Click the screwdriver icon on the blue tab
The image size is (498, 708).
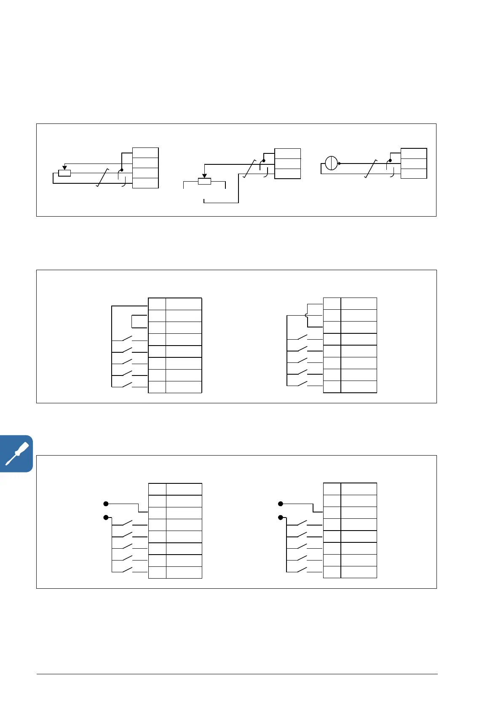click(x=16, y=453)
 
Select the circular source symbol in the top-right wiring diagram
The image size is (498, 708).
click(x=332, y=163)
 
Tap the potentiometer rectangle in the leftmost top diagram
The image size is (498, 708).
click(x=64, y=173)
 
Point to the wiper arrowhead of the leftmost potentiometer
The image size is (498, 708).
click(x=64, y=168)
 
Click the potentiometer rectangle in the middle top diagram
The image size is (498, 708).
click(x=204, y=181)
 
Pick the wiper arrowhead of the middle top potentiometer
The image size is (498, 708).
click(x=204, y=176)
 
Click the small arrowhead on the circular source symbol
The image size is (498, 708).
click(x=340, y=163)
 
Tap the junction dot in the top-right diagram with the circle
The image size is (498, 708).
click(x=390, y=161)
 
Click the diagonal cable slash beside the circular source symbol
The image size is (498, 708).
click(x=371, y=169)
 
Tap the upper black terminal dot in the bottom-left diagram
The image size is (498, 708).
click(x=106, y=504)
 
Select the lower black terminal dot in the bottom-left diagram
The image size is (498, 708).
click(x=106, y=518)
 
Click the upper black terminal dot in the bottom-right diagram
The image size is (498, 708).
click(x=281, y=504)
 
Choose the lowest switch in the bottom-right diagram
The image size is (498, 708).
click(x=302, y=571)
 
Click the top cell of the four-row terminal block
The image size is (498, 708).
click(x=145, y=153)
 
